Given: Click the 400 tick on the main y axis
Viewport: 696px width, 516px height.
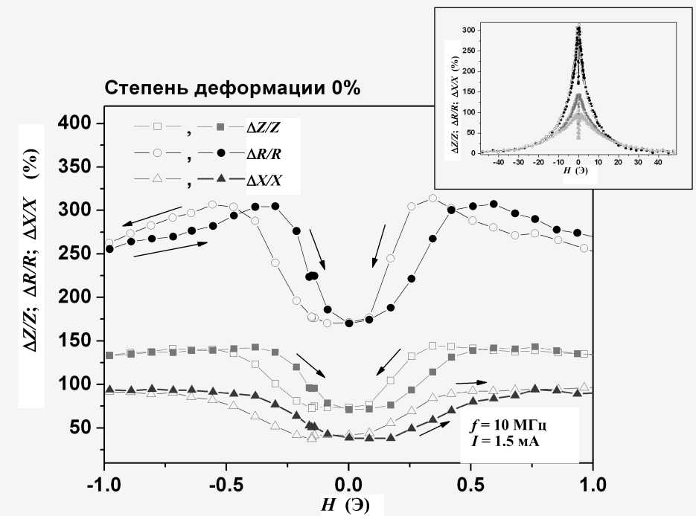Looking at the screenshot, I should point(80,123).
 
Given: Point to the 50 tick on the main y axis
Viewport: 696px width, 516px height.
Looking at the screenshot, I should point(84,428).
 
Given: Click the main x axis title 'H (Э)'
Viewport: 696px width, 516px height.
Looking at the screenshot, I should point(343,505).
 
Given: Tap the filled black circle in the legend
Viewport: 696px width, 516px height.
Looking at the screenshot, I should point(223,154).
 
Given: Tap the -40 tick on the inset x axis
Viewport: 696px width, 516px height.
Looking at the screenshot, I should point(499,161).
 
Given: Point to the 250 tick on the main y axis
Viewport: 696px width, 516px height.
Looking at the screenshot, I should point(80,254).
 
